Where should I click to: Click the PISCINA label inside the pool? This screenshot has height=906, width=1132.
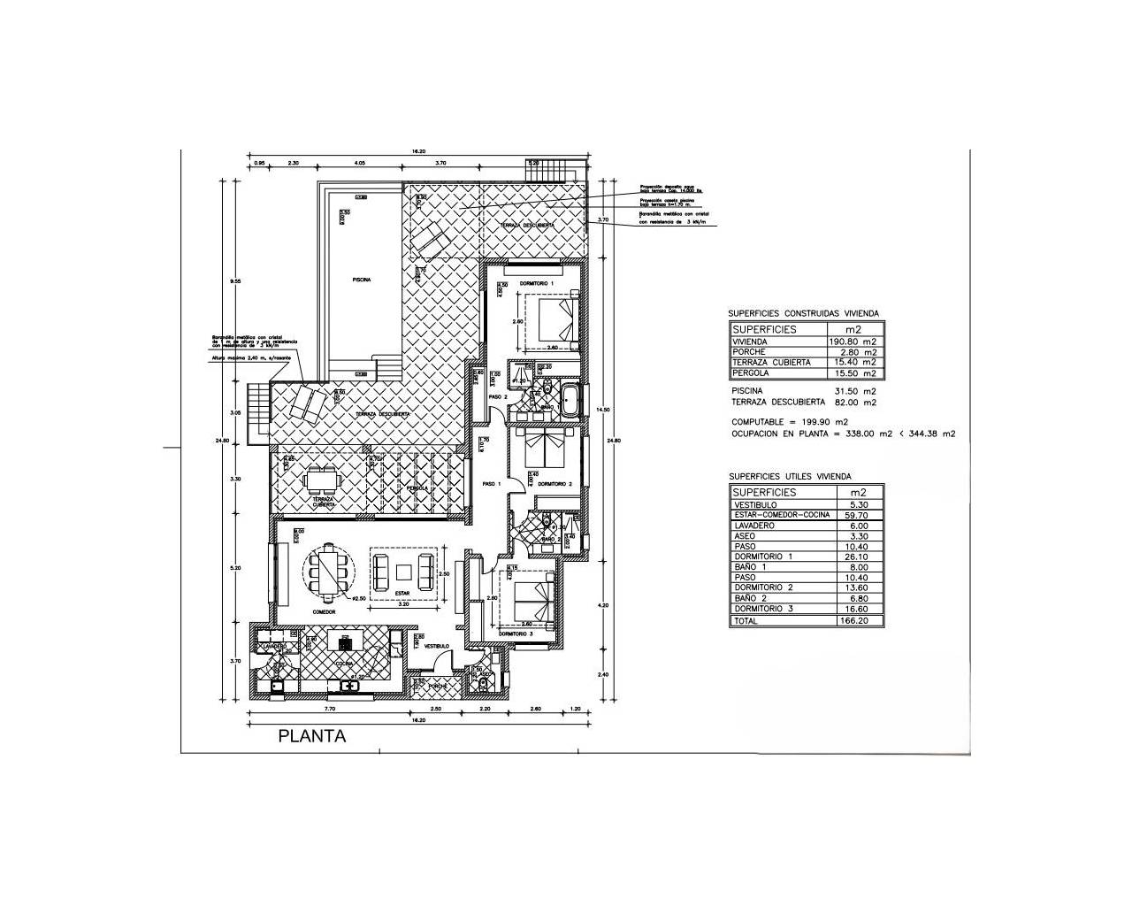[361, 279]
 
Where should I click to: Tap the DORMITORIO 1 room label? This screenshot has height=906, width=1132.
[537, 282]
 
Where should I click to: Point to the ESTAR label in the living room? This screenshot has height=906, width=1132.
[402, 594]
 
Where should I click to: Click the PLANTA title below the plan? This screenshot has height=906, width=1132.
[312, 735]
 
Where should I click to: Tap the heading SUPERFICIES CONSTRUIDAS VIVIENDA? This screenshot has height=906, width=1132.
[803, 313]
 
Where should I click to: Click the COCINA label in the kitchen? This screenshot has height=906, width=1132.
[344, 663]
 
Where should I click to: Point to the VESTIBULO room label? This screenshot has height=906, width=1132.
[437, 647]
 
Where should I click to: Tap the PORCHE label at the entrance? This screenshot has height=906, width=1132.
[438, 686]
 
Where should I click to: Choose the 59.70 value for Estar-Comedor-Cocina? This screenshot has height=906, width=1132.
[859, 515]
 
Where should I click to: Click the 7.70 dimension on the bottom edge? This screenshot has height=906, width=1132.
[330, 710]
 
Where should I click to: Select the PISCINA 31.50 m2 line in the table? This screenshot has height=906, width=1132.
[803, 390]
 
